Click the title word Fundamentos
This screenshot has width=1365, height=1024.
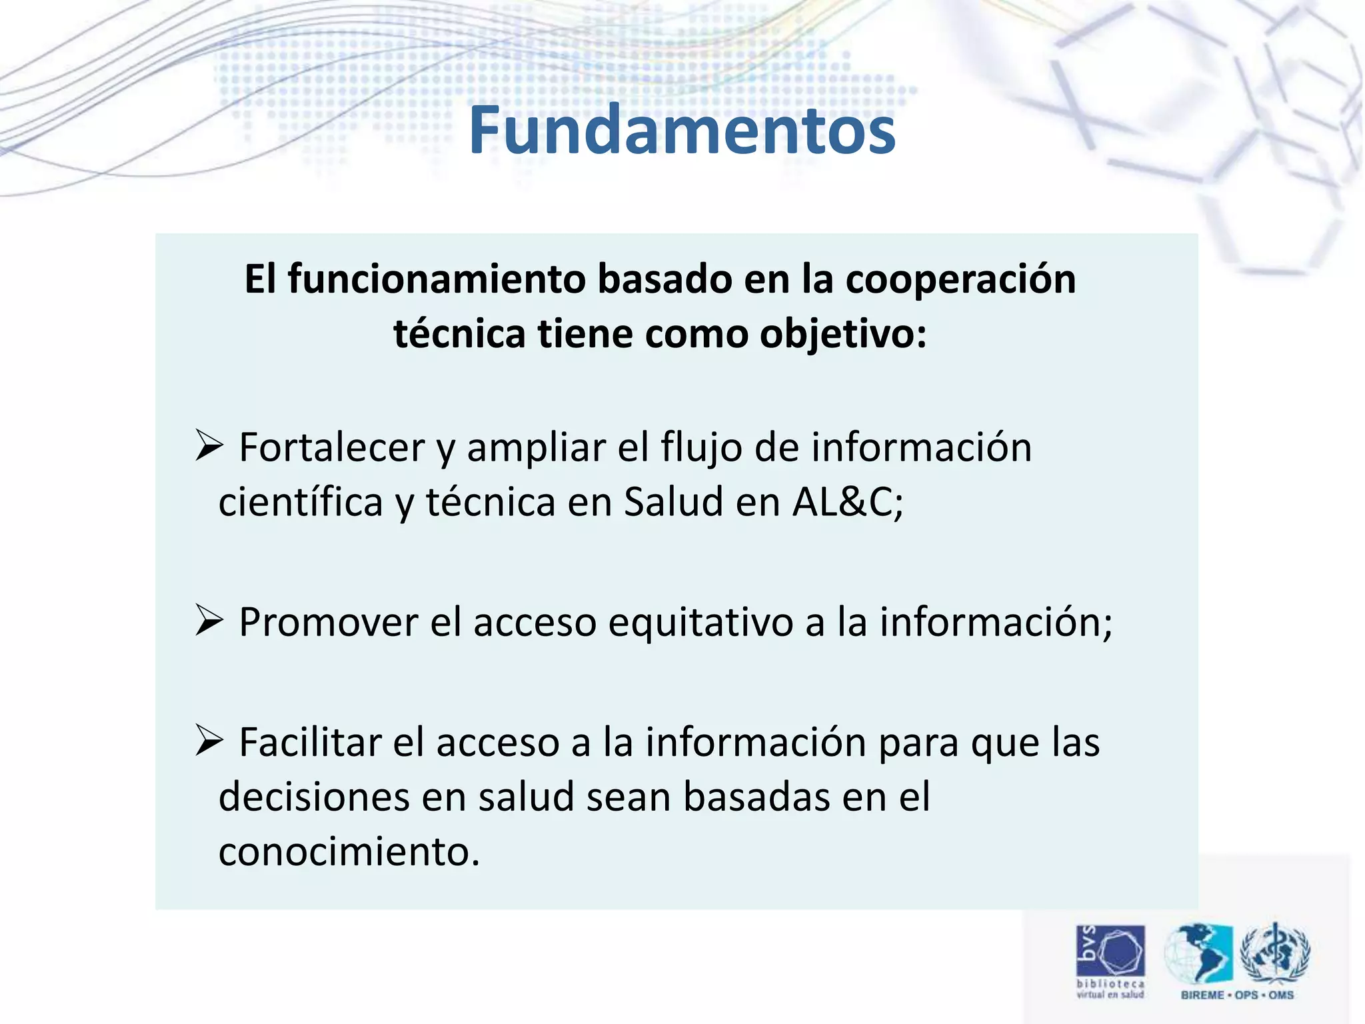click(x=682, y=131)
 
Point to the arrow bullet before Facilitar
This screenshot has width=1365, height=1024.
click(x=209, y=741)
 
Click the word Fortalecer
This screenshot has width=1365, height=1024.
click(x=331, y=447)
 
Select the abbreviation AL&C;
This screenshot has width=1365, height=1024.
click(x=848, y=502)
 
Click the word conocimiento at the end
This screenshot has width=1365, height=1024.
click(x=349, y=852)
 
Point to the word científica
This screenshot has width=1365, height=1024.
click(x=301, y=502)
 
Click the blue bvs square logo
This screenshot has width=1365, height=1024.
click(x=1110, y=950)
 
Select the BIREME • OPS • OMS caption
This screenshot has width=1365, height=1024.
click(x=1237, y=995)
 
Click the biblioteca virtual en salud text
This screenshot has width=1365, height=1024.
click(x=1110, y=989)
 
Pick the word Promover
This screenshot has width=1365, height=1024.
click(x=328, y=623)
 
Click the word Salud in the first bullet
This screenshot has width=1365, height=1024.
click(x=673, y=502)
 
